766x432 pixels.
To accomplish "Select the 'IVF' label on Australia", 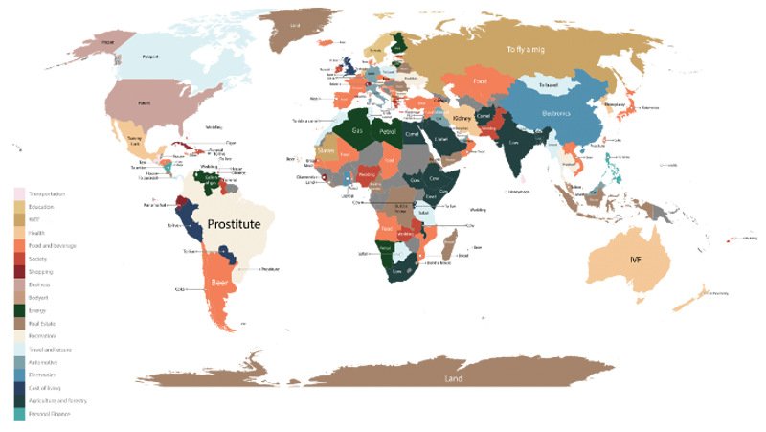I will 635,261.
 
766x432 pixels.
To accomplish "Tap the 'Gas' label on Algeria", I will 357,130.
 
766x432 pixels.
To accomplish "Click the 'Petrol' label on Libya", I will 388,130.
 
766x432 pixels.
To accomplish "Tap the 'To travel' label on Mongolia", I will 548,85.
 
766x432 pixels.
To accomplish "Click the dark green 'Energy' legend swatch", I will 19,309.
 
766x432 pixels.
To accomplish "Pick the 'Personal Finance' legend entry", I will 52,413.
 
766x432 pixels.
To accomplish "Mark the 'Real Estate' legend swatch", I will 19,323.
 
